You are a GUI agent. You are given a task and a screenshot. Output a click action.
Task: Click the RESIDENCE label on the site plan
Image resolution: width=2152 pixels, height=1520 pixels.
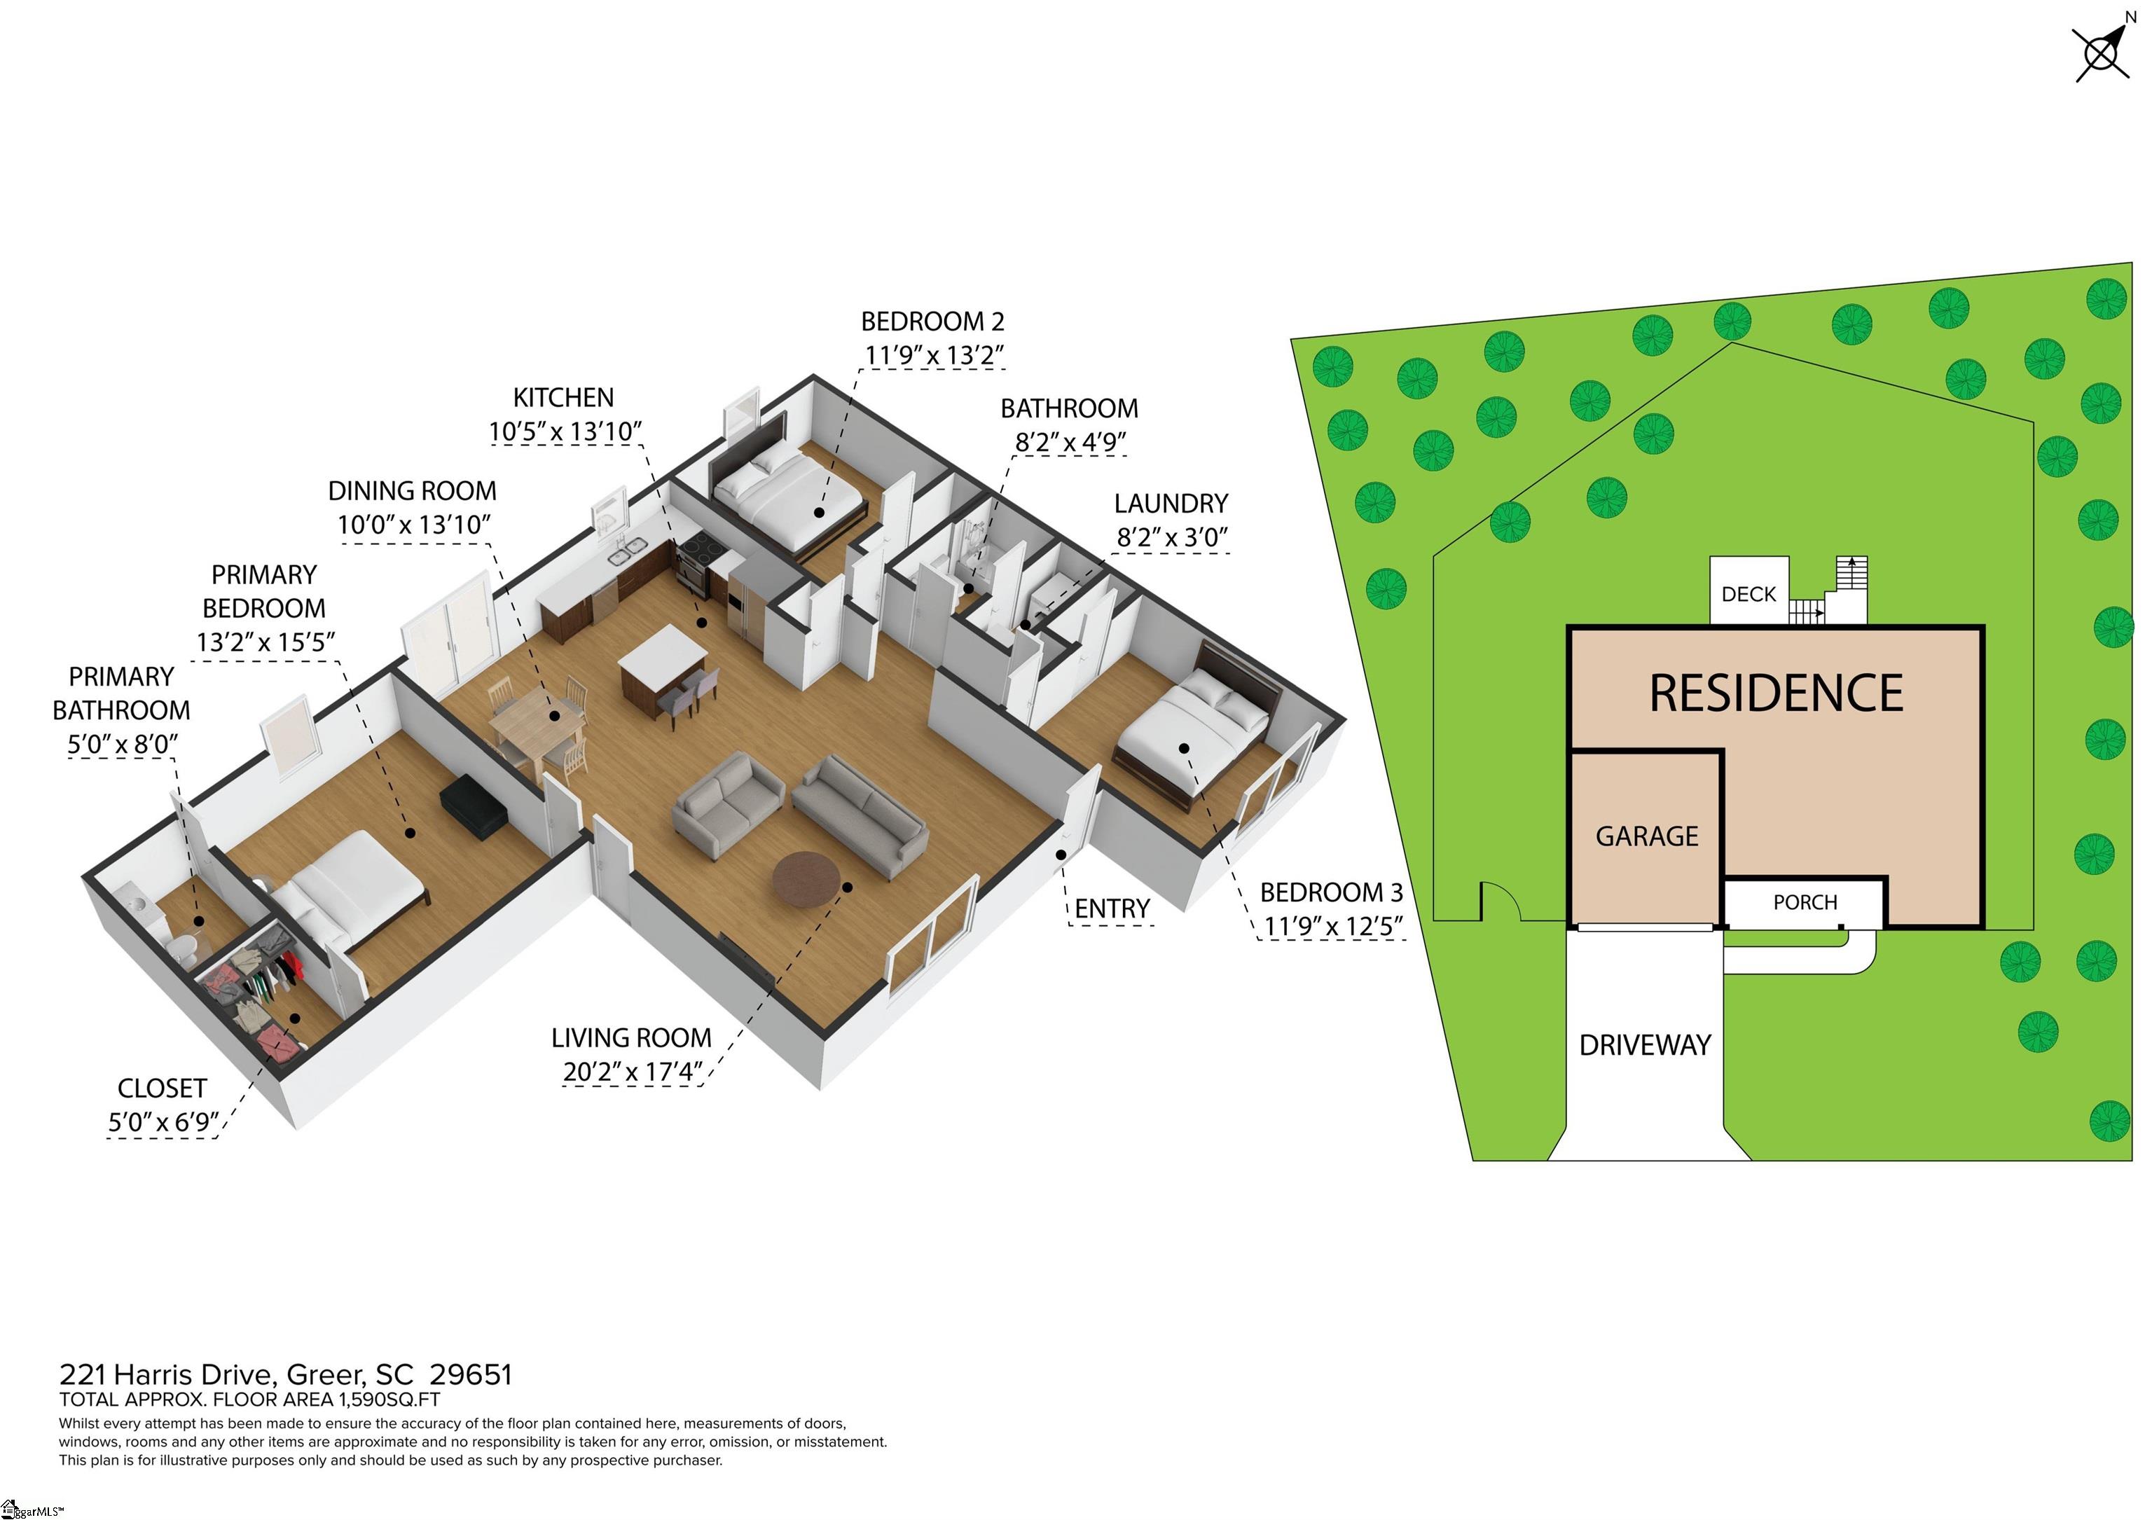tap(1776, 693)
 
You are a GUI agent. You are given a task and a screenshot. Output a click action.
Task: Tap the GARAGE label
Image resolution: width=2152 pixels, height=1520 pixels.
tap(1647, 836)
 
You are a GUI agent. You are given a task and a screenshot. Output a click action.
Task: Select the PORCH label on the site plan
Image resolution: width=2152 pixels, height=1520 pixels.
tap(1805, 902)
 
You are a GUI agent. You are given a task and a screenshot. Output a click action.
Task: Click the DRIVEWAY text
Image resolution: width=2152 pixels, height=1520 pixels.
tap(1645, 1045)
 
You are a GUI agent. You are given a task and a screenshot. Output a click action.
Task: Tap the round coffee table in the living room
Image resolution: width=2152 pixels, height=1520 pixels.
tap(806, 880)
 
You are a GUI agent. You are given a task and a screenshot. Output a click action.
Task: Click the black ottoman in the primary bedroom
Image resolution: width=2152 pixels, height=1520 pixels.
tap(474, 806)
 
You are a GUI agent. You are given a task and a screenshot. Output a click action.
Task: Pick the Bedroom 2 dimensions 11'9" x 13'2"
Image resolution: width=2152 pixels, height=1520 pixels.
tap(934, 355)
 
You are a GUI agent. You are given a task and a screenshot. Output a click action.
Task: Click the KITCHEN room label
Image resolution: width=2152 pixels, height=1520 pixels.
tap(563, 397)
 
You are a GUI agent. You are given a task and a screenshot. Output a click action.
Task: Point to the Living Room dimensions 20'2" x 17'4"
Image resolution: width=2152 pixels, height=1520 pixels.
tap(633, 1071)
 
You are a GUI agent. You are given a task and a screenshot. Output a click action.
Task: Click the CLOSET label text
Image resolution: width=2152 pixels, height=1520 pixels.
tap(162, 1088)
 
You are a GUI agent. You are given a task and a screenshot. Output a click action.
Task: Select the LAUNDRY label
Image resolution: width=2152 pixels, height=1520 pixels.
tap(1171, 503)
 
